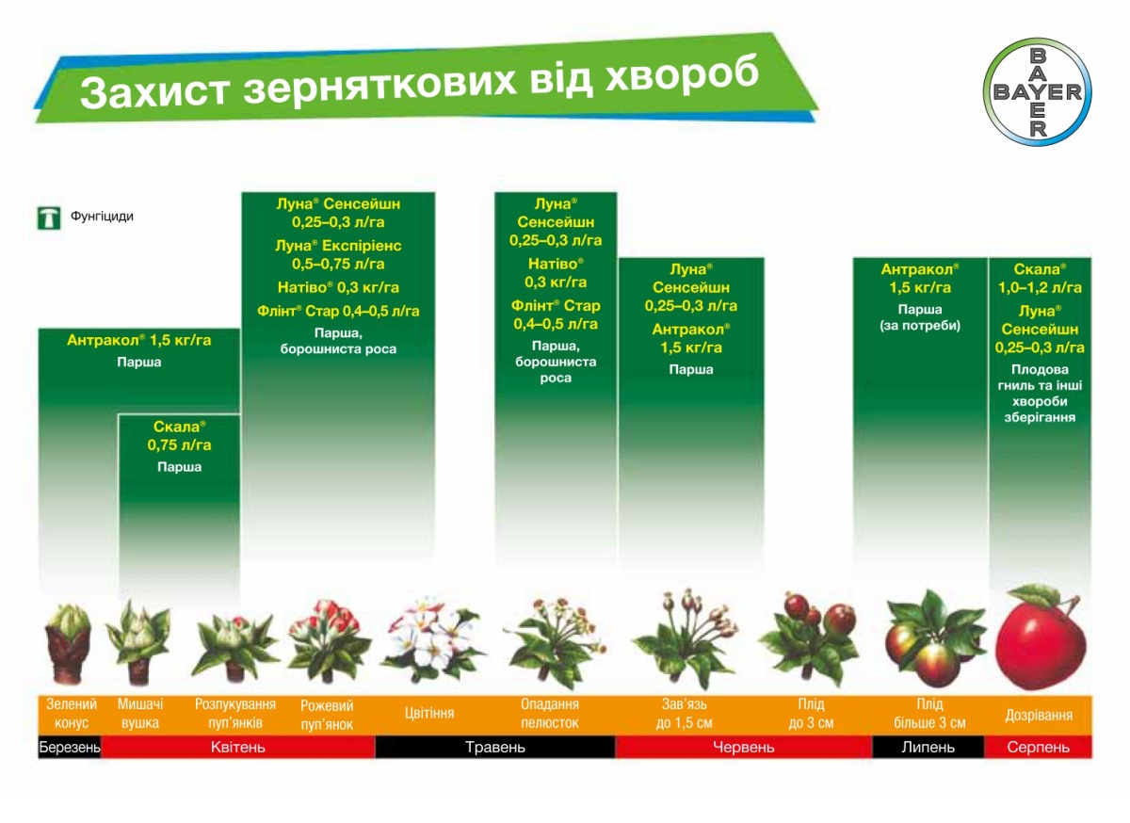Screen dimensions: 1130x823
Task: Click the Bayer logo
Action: [x=1037, y=92]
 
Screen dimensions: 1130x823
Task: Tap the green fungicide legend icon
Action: [x=49, y=218]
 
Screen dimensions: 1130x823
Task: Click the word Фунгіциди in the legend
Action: [x=102, y=217]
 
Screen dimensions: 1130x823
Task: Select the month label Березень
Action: [x=70, y=747]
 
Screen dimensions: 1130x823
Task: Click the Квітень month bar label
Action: [x=237, y=747]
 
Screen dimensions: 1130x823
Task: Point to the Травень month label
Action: [x=495, y=747]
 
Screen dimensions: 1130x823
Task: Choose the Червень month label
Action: [x=743, y=747]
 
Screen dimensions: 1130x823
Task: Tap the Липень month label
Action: [x=928, y=747]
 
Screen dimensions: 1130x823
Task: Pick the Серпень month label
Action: [x=1038, y=747]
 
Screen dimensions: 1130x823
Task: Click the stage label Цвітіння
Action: [x=429, y=713]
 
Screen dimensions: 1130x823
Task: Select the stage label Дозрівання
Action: [x=1038, y=715]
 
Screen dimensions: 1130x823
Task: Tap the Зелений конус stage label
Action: [x=72, y=713]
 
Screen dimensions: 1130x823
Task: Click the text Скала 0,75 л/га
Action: [x=179, y=435]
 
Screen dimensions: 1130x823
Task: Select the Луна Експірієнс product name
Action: [x=338, y=246]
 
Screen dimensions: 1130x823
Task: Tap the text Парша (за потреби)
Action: [x=920, y=317]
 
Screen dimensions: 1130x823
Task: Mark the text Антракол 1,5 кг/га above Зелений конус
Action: [x=138, y=340]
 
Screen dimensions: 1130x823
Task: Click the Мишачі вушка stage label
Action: [x=140, y=713]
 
